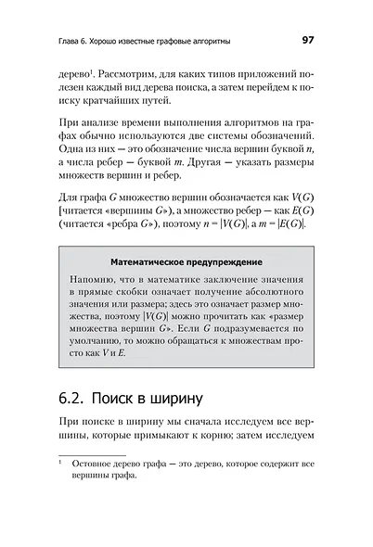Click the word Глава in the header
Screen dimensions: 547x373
pyautogui.click(x=45, y=40)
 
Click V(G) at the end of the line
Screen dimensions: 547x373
pyautogui.click(x=301, y=197)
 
